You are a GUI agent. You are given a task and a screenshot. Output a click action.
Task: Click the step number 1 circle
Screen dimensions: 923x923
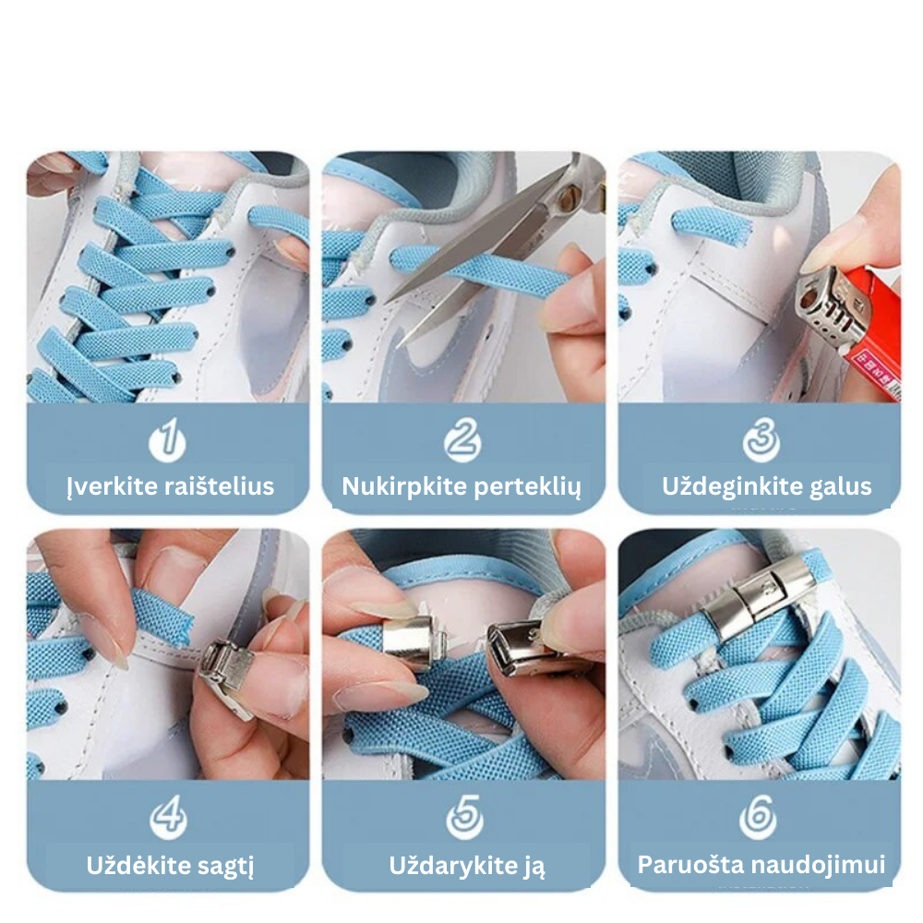(168, 440)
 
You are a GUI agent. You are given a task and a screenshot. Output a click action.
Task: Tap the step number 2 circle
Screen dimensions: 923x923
(462, 440)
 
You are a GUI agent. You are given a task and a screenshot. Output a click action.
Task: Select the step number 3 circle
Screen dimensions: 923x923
(761, 440)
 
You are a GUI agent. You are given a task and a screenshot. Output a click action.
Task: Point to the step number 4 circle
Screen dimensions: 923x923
(168, 817)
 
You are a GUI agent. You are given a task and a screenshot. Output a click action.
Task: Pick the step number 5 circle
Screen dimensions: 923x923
(464, 817)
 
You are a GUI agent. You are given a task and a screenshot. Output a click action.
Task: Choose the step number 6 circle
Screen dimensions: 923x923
(758, 817)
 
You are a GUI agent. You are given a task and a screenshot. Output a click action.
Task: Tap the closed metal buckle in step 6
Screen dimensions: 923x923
(758, 596)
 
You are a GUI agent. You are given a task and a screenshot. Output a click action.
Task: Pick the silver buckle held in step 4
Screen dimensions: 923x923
(227, 676)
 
